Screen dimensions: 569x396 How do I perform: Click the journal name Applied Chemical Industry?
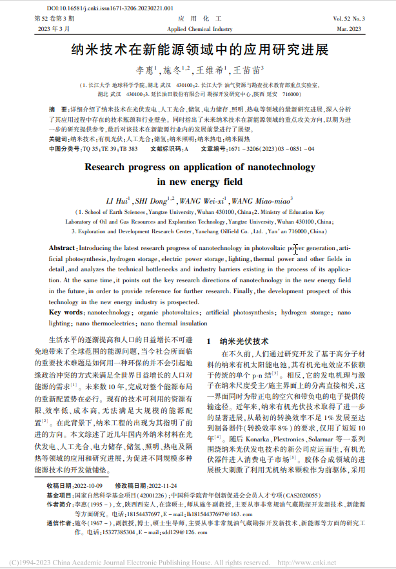199,30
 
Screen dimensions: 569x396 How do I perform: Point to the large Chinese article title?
199,50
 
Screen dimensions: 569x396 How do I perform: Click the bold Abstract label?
63,248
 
